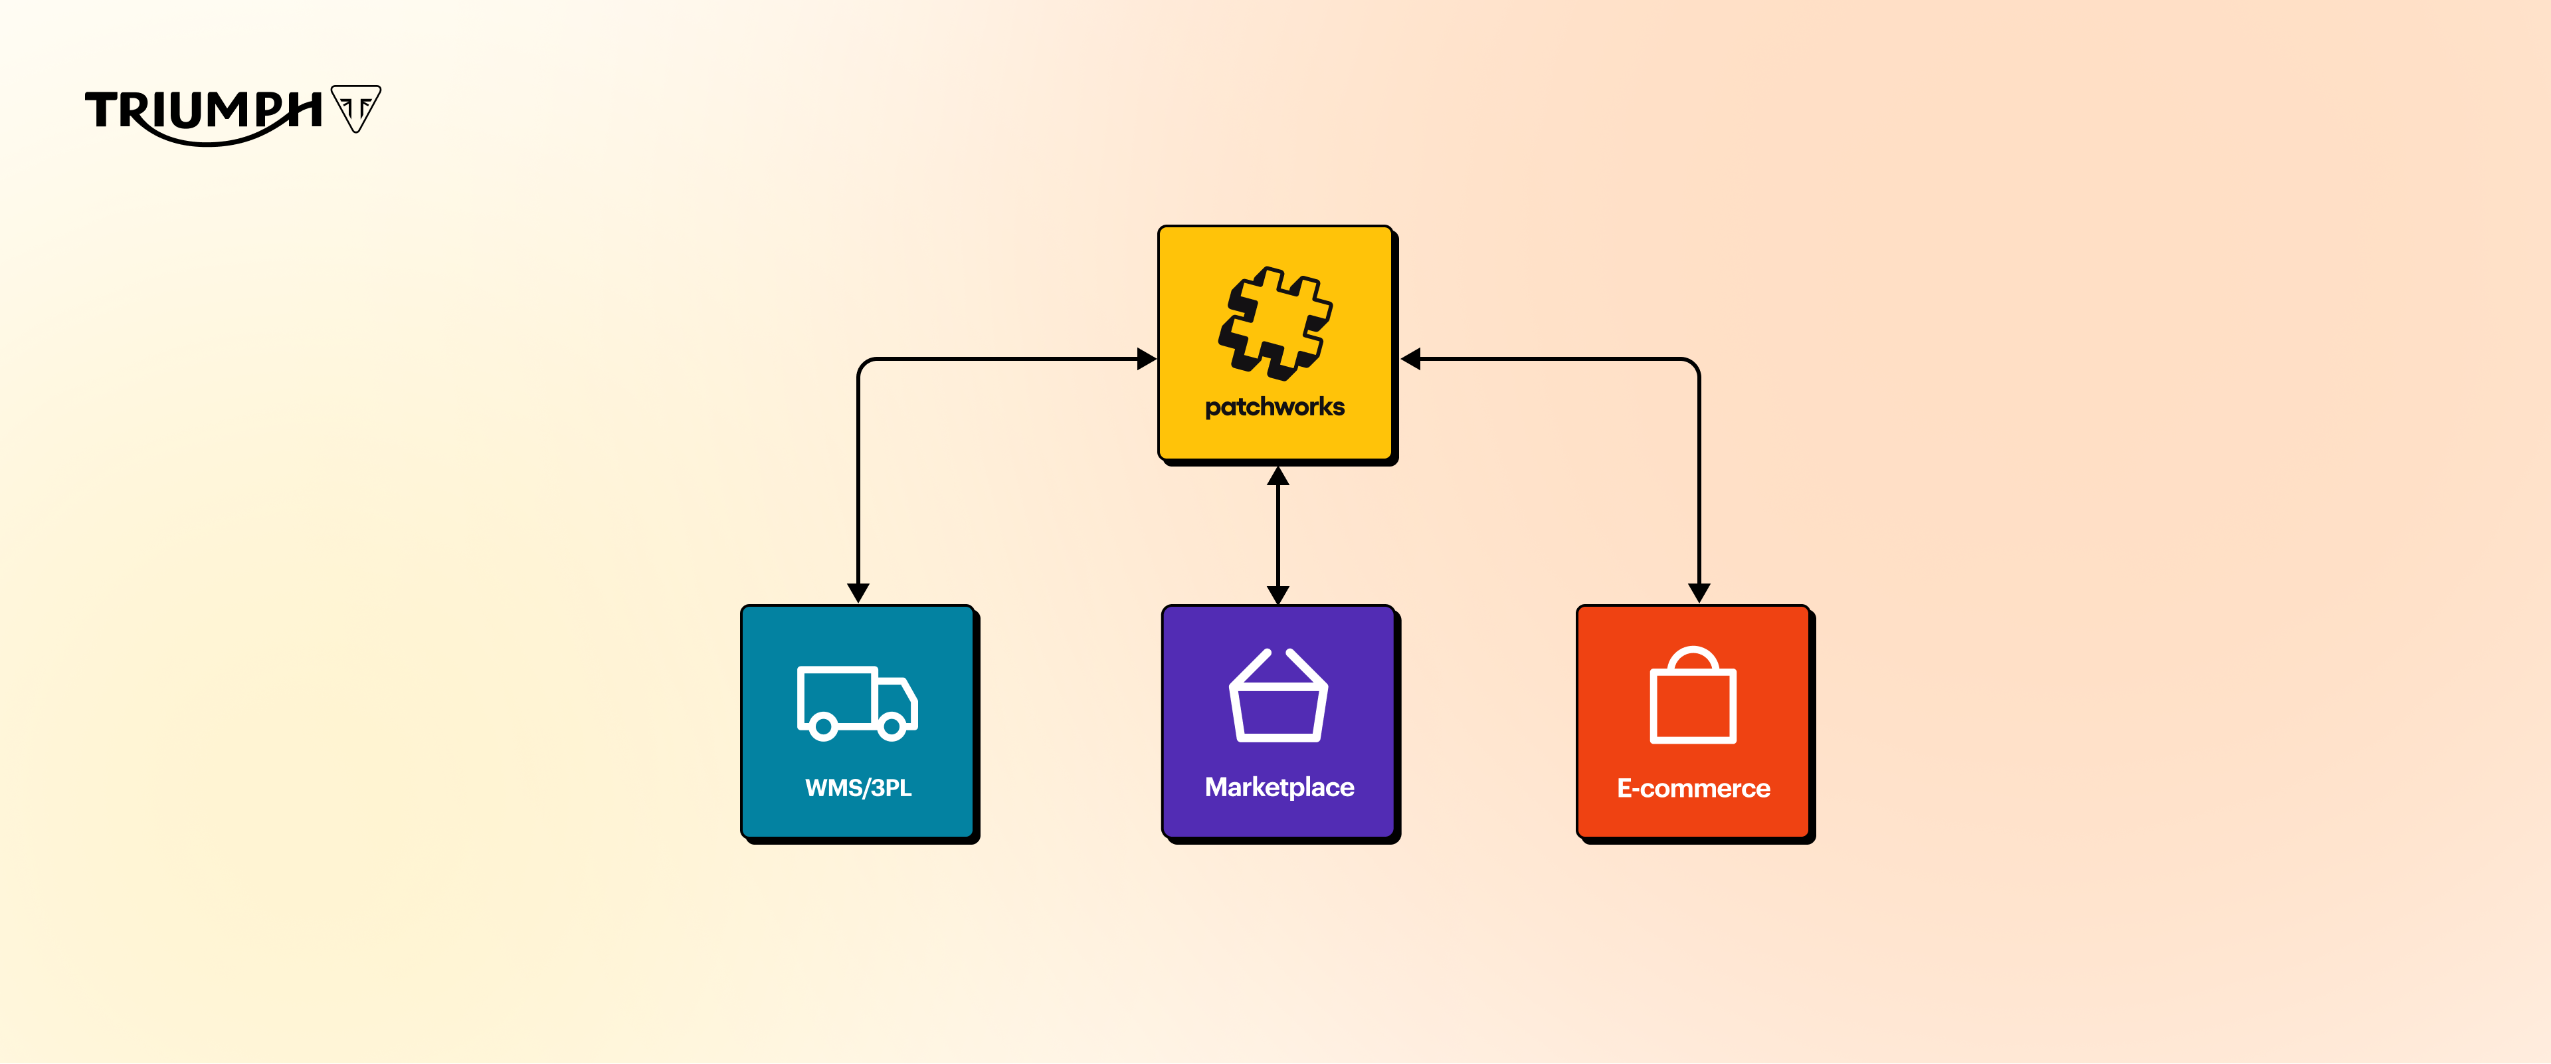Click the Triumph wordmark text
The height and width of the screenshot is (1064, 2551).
pos(203,111)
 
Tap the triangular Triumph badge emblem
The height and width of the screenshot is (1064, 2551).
pos(355,107)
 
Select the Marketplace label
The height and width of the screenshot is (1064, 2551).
pos(1278,787)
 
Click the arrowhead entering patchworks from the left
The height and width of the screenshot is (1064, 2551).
pos(1146,359)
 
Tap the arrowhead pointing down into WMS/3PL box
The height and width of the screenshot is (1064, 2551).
pos(858,592)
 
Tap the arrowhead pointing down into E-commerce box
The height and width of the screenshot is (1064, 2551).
pos(1699,592)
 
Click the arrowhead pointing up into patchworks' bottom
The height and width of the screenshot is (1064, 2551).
pos(1277,477)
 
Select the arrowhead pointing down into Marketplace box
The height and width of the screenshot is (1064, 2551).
pos(1277,593)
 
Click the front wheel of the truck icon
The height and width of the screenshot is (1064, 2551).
pos(892,727)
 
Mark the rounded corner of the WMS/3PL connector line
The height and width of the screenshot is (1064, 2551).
pos(864,365)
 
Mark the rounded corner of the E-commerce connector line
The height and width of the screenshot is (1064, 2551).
pos(1693,365)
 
